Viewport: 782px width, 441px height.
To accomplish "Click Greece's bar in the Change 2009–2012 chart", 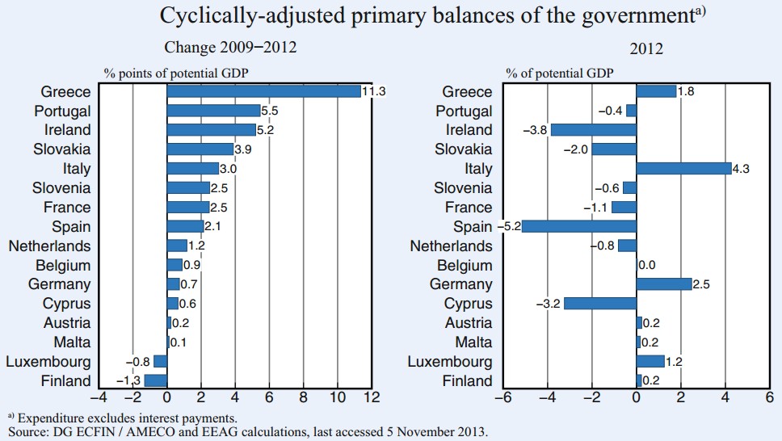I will pyautogui.click(x=263, y=91).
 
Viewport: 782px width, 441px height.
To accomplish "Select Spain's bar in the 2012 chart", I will pyautogui.click(x=578, y=226).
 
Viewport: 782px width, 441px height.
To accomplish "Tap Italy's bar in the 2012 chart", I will pyautogui.click(x=683, y=168).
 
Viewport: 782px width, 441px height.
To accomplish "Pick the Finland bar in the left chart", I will pyautogui.click(x=155, y=380).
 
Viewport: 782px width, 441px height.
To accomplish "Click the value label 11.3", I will pyautogui.click(x=374, y=91).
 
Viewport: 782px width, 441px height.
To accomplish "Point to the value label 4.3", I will pyautogui.click(x=742, y=168).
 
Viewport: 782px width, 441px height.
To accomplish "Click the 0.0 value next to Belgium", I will pyautogui.click(x=647, y=265).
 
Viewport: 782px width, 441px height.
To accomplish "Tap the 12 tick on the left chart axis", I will pyautogui.click(x=372, y=397).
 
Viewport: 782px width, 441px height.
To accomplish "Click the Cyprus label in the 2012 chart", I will pyautogui.click(x=468, y=304).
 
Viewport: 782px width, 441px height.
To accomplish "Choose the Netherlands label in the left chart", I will pyautogui.click(x=49, y=246).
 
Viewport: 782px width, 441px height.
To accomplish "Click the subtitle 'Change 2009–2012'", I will pyautogui.click(x=230, y=48).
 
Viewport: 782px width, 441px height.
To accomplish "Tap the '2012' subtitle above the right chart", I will pyautogui.click(x=646, y=48).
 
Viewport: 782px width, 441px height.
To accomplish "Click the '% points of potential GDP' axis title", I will pyautogui.click(x=175, y=73).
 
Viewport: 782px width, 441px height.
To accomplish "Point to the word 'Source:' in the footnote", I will pyautogui.click(x=27, y=432).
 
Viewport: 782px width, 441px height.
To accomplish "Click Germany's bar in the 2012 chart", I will pyautogui.click(x=664, y=284).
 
